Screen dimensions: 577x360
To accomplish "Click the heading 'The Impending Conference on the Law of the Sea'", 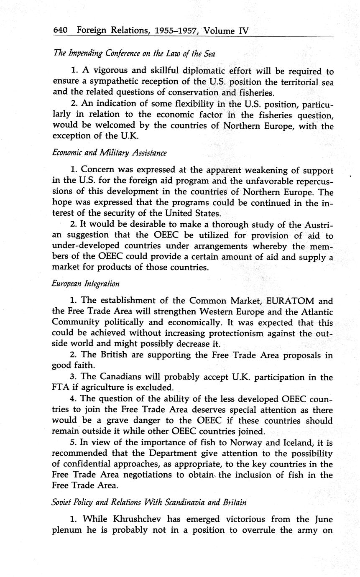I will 134,54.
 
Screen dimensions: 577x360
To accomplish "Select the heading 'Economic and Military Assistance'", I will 109,153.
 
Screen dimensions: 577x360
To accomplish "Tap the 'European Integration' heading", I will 86,283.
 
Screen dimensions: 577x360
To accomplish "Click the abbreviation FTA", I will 60,388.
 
